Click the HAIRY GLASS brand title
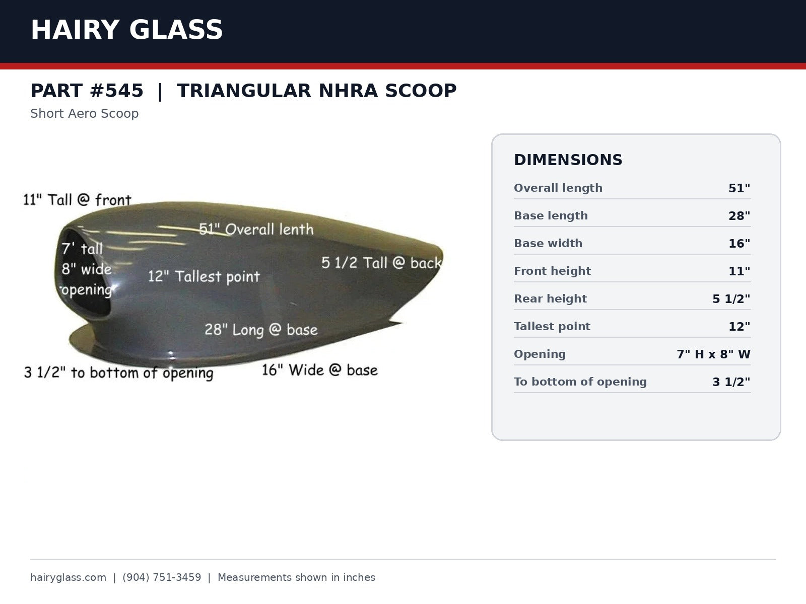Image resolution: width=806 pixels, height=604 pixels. coord(126,30)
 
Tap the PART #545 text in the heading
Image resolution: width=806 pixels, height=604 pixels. coord(87,91)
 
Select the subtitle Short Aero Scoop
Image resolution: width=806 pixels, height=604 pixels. coord(85,114)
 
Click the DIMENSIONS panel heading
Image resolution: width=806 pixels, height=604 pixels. coord(568,160)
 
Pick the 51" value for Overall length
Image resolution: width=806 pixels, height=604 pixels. coord(739,188)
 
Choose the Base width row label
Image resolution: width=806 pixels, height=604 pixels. coord(548,243)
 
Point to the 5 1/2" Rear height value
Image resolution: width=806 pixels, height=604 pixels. coord(731,299)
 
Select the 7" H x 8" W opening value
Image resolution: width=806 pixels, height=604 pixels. coord(713,354)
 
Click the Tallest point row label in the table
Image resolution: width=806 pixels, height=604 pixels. coord(552,326)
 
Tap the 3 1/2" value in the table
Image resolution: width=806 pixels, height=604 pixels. coord(731,382)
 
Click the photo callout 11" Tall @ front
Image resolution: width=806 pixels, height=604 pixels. coord(77,200)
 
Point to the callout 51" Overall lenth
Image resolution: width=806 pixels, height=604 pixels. coord(256,229)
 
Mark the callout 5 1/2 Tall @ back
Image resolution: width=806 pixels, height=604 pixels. coord(381,263)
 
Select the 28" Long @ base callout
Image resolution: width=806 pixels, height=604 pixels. coord(261,330)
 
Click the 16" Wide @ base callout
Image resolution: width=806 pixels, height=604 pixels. coord(319,370)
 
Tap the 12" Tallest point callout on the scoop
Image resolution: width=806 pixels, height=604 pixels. coord(204,276)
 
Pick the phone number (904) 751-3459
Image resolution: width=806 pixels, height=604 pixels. coord(162,577)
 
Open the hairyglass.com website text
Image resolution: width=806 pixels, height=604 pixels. coord(69,577)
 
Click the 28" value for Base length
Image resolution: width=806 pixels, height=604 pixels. coord(739,215)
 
